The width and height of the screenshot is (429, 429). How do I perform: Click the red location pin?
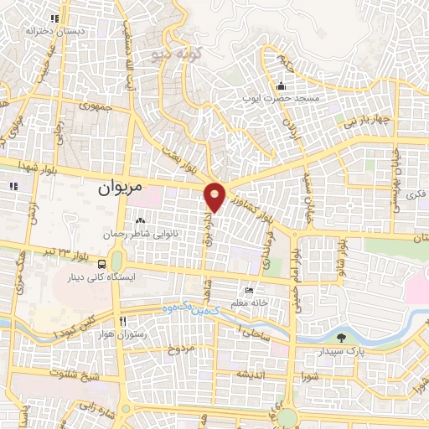215,196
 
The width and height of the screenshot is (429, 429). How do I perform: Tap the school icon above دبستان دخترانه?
55,18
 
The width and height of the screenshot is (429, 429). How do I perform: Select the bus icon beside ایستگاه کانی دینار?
102,264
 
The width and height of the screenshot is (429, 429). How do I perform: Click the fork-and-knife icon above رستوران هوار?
123,321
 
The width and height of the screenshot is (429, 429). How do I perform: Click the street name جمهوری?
95,107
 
